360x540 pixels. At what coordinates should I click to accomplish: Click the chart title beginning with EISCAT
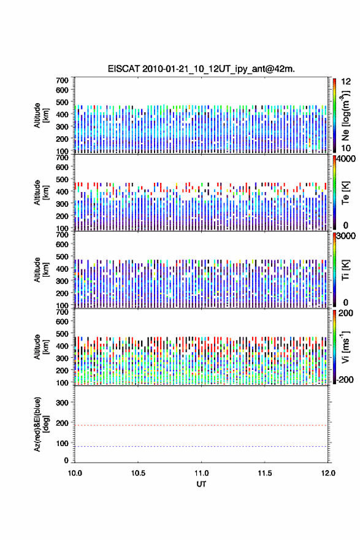[201, 69]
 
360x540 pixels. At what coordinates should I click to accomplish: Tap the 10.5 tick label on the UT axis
[138, 473]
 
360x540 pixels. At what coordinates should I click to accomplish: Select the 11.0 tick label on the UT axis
[201, 473]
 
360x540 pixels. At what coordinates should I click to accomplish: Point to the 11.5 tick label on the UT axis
[265, 473]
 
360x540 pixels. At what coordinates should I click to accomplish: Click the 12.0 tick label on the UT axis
[328, 473]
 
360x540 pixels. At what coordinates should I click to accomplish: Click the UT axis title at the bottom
[201, 484]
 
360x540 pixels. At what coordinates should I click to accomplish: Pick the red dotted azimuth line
[201, 425]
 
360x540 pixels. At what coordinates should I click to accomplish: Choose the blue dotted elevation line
[201, 446]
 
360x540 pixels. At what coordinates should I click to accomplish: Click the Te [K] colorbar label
[345, 193]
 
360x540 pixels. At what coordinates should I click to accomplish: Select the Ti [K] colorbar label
[345, 269]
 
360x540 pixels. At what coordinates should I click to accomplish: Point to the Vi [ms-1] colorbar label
[345, 347]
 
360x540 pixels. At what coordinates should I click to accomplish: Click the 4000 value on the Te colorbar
[347, 159]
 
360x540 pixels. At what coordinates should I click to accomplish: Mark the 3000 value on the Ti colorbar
[347, 236]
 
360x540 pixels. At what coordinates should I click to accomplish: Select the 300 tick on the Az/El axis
[62, 403]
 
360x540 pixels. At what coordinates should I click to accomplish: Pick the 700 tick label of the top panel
[62, 80]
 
